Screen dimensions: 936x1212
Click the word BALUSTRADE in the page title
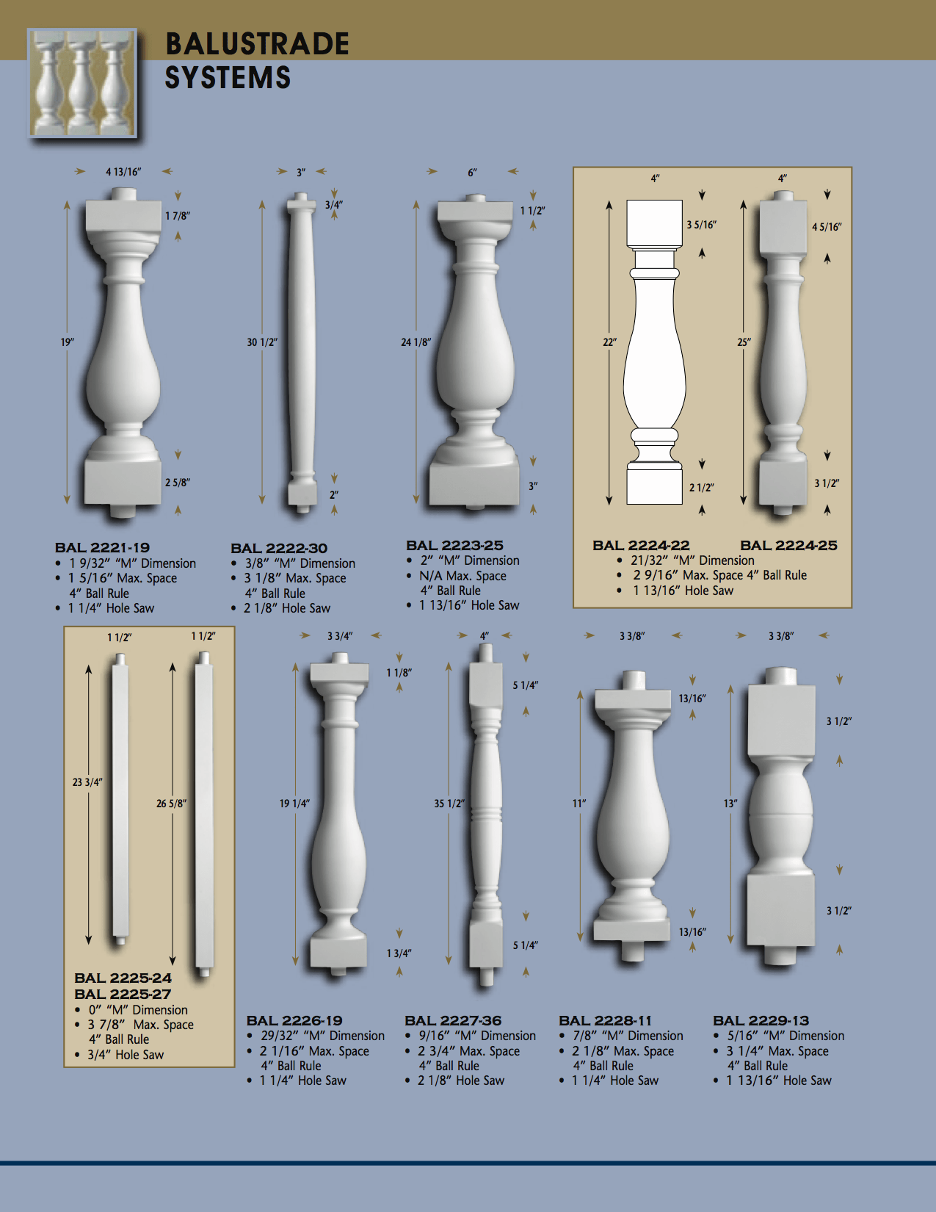[x=257, y=43]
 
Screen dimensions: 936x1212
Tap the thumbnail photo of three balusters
[x=82, y=82]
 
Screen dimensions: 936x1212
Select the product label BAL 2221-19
[x=102, y=547]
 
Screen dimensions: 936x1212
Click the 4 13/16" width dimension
[x=123, y=172]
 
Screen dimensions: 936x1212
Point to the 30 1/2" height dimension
[x=262, y=342]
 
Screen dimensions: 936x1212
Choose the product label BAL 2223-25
[x=454, y=545]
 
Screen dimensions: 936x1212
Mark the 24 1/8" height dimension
[x=416, y=342]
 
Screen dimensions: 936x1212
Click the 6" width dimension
[x=472, y=173]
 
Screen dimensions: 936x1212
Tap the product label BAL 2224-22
[x=641, y=545]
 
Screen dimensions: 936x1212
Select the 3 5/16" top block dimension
[x=701, y=225]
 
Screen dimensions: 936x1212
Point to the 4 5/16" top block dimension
[x=827, y=227]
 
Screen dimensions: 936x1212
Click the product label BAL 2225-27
[x=123, y=994]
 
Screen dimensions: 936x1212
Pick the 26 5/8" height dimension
[x=171, y=804]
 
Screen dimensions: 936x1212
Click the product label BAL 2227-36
[x=453, y=1021]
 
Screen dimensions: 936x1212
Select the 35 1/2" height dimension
[x=449, y=804]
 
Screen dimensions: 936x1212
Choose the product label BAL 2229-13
[x=761, y=1021]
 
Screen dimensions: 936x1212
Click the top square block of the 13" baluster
[x=781, y=720]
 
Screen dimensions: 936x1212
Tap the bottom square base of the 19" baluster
[x=123, y=482]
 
